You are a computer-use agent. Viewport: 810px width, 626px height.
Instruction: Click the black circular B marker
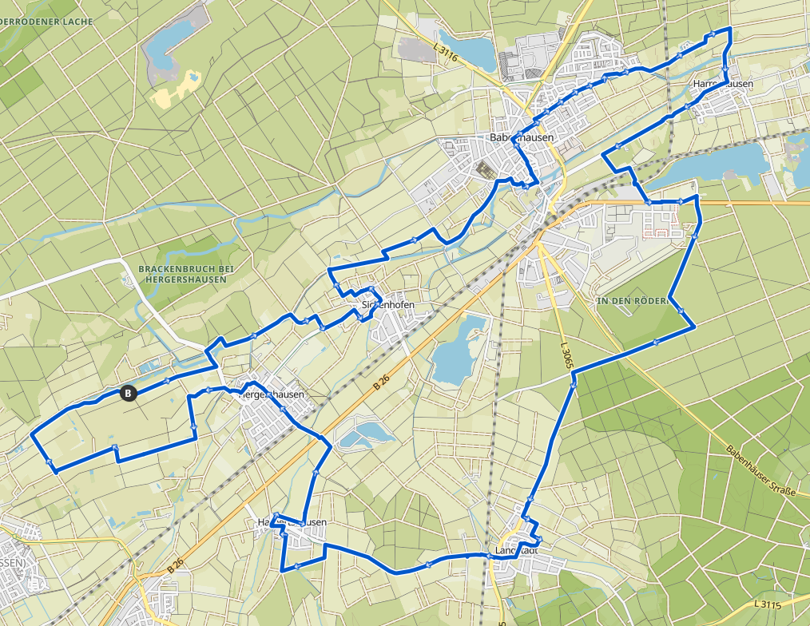[x=127, y=392]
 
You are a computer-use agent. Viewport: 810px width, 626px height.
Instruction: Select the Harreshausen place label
[x=723, y=83]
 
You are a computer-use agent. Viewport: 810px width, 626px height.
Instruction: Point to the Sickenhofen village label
[x=389, y=305]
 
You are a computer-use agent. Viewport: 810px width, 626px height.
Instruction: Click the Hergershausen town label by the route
[x=272, y=394]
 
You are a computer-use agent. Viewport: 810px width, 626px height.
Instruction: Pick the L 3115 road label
[x=765, y=604]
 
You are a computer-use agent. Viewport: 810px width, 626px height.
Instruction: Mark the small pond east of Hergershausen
[x=363, y=434]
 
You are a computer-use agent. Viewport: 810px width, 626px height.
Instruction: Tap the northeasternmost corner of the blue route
[x=730, y=29]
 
